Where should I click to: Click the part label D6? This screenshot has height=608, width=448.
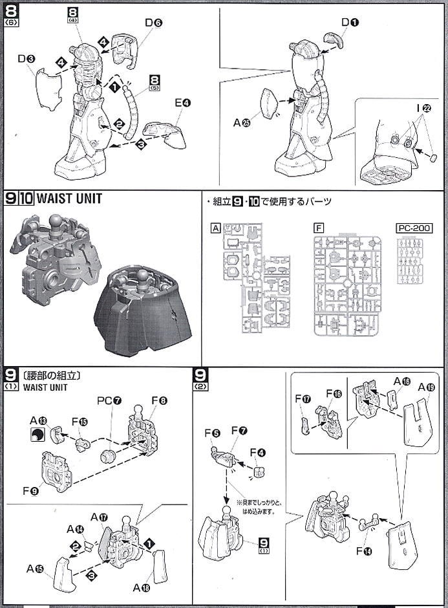[153, 23]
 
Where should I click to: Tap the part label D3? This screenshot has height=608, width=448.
[27, 59]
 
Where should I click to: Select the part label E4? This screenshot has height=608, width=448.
[182, 102]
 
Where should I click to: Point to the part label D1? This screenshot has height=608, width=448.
[350, 23]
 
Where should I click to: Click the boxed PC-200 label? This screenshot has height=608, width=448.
[412, 228]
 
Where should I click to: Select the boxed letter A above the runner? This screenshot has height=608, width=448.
[215, 228]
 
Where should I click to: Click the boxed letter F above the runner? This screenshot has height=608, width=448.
[317, 228]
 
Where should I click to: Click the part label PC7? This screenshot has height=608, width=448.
[108, 400]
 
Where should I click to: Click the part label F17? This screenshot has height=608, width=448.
[303, 399]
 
